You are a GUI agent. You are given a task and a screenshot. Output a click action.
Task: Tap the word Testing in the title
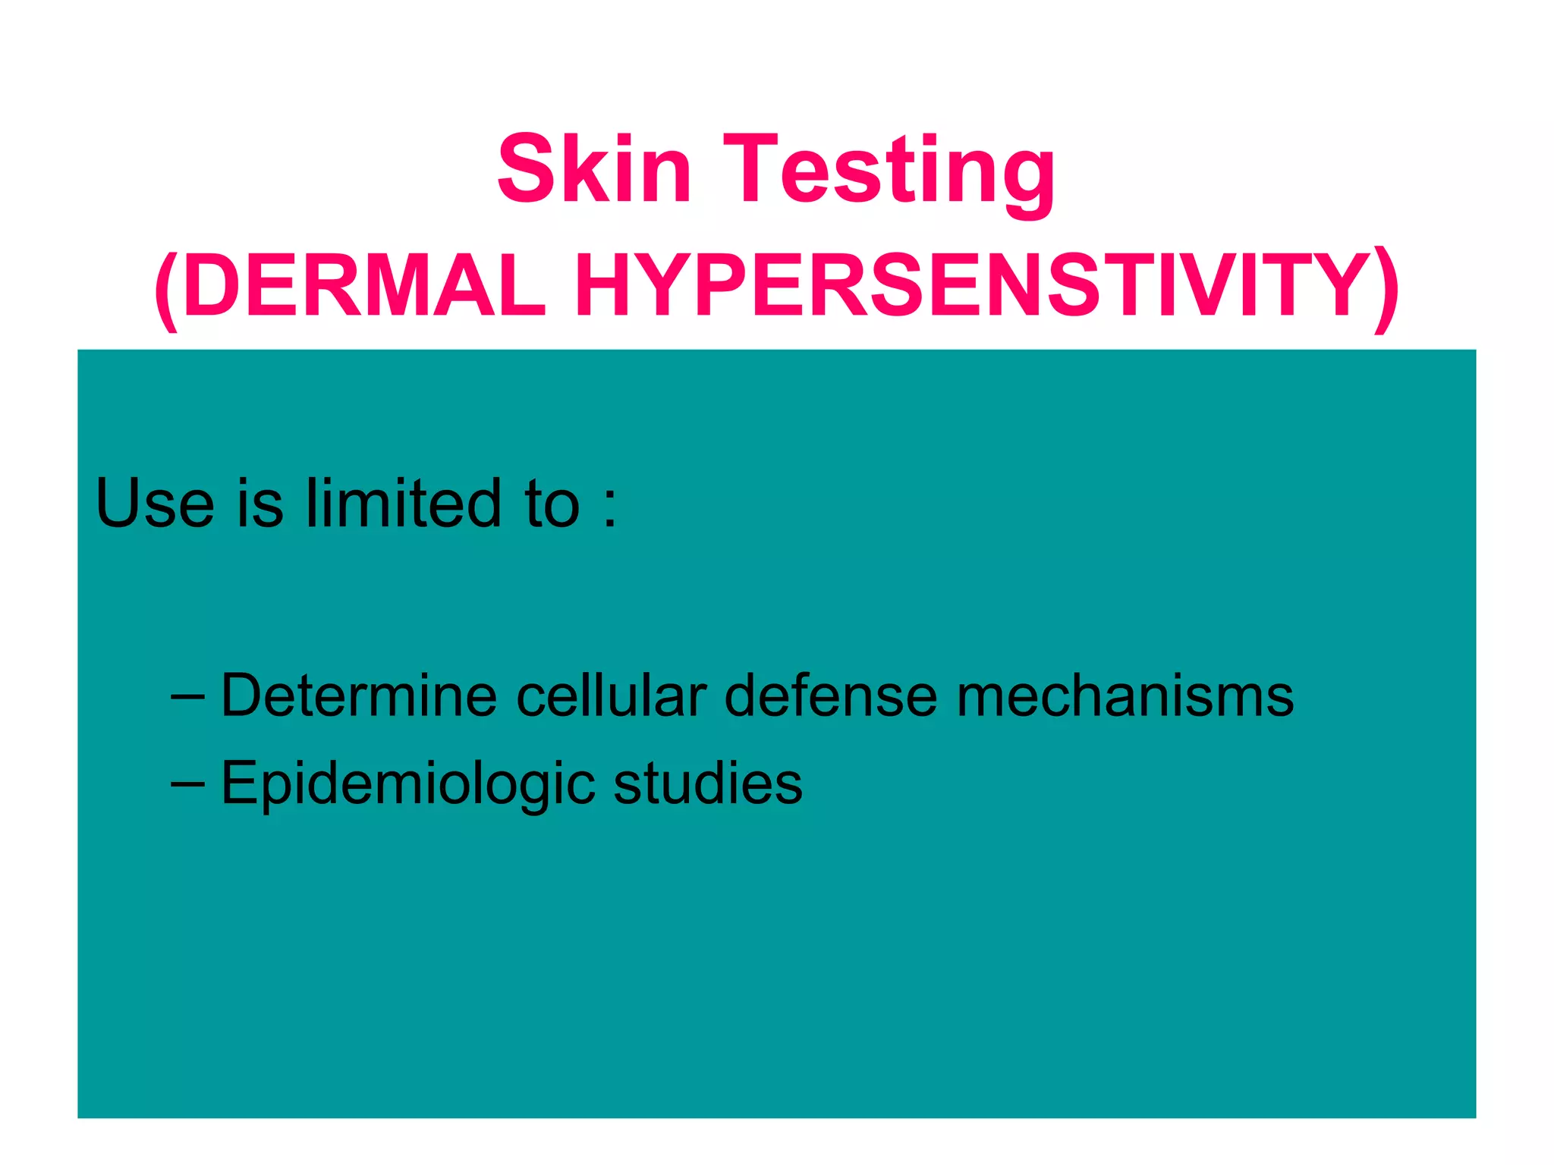click(889, 173)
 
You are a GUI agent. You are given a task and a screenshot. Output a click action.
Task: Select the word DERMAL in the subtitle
click(364, 286)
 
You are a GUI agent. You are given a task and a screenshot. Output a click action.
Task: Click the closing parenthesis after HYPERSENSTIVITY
click(1387, 288)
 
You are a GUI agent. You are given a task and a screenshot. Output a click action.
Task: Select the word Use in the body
click(155, 503)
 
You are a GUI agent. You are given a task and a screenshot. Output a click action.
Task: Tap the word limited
click(403, 503)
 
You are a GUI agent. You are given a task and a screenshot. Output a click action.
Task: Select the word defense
click(830, 695)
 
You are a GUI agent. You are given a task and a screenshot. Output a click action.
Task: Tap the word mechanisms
click(1124, 695)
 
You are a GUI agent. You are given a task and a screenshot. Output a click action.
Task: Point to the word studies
click(707, 782)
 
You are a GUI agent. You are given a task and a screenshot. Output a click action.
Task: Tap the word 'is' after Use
click(260, 503)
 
